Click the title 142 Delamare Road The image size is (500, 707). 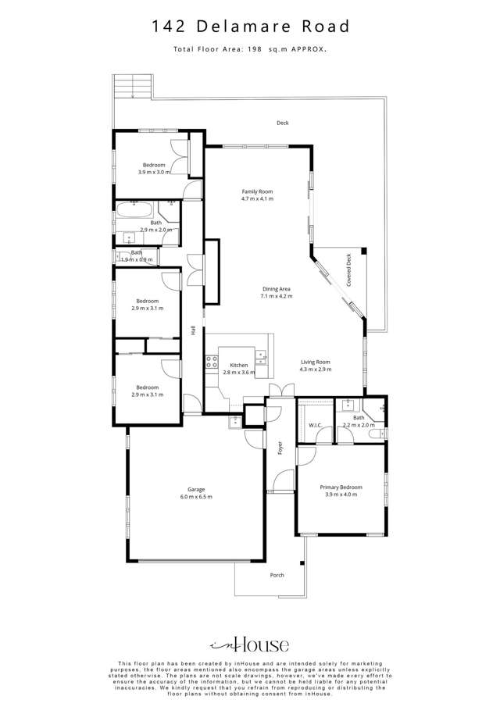(x=250, y=27)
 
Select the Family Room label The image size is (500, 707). (x=257, y=191)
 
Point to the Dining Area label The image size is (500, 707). (x=277, y=289)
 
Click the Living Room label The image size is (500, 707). (x=316, y=362)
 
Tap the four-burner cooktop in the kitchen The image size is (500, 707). (x=211, y=361)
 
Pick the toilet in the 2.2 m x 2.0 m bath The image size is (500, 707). (x=375, y=433)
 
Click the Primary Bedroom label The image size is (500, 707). (x=341, y=487)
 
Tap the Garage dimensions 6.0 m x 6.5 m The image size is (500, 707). (x=196, y=497)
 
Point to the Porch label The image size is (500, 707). (x=277, y=575)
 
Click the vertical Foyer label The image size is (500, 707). (x=280, y=448)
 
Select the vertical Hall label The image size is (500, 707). (x=193, y=330)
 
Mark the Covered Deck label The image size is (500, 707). (x=349, y=270)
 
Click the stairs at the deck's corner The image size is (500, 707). (x=130, y=86)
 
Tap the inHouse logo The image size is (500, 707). (x=250, y=645)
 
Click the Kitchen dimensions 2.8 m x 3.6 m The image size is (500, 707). (x=239, y=373)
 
